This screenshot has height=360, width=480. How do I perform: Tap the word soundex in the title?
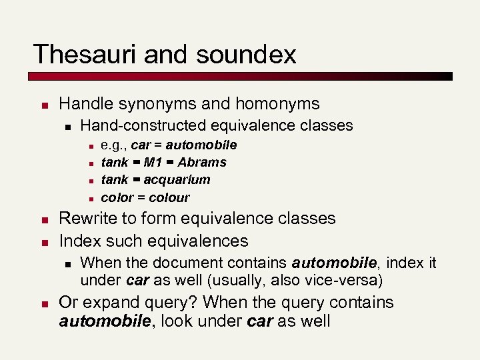pos(246,54)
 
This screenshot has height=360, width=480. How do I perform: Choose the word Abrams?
pos(202,162)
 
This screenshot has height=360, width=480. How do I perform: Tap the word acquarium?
pos(177,180)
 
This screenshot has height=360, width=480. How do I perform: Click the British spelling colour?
pos(169,197)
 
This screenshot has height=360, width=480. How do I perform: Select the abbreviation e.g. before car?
pos(113,145)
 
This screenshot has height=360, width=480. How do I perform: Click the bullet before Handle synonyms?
pos(42,105)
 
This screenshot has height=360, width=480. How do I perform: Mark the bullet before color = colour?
pos(89,198)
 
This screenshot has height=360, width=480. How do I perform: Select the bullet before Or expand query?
pos(42,304)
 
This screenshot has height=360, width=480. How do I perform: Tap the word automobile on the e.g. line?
pos(201,145)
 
